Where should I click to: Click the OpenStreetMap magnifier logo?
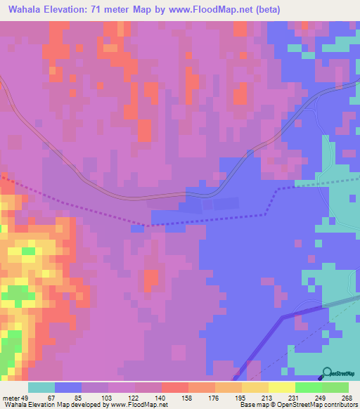point(328,373)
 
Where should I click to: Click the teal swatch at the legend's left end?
point(41,387)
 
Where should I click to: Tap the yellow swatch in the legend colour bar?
point(282,387)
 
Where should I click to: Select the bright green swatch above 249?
point(309,387)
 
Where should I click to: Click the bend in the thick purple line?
point(283,317)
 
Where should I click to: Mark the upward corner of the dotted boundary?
point(277,189)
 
